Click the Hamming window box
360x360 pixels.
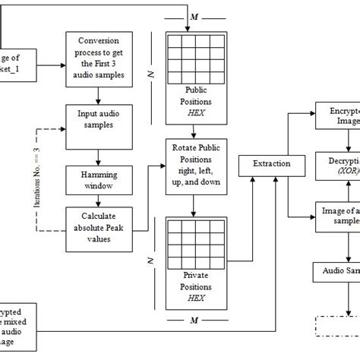(x=98, y=179)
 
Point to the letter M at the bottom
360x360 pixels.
(x=195, y=324)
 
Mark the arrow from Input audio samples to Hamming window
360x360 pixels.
(x=98, y=156)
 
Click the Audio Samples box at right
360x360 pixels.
(x=337, y=270)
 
